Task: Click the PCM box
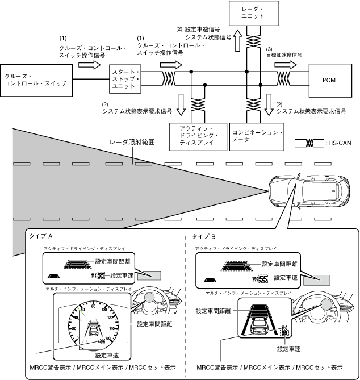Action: pyautogui.click(x=329, y=80)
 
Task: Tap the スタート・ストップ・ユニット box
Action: pyautogui.click(x=126, y=79)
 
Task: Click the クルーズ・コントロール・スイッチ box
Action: pyautogui.click(x=36, y=80)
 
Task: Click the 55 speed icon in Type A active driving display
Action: pyautogui.click(x=101, y=276)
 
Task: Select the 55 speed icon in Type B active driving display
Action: pyautogui.click(x=262, y=278)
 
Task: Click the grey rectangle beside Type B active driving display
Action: pyautogui.click(x=317, y=280)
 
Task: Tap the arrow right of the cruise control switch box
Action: pyautogui.click(x=89, y=66)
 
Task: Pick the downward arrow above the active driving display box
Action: pyautogui.click(x=182, y=101)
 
